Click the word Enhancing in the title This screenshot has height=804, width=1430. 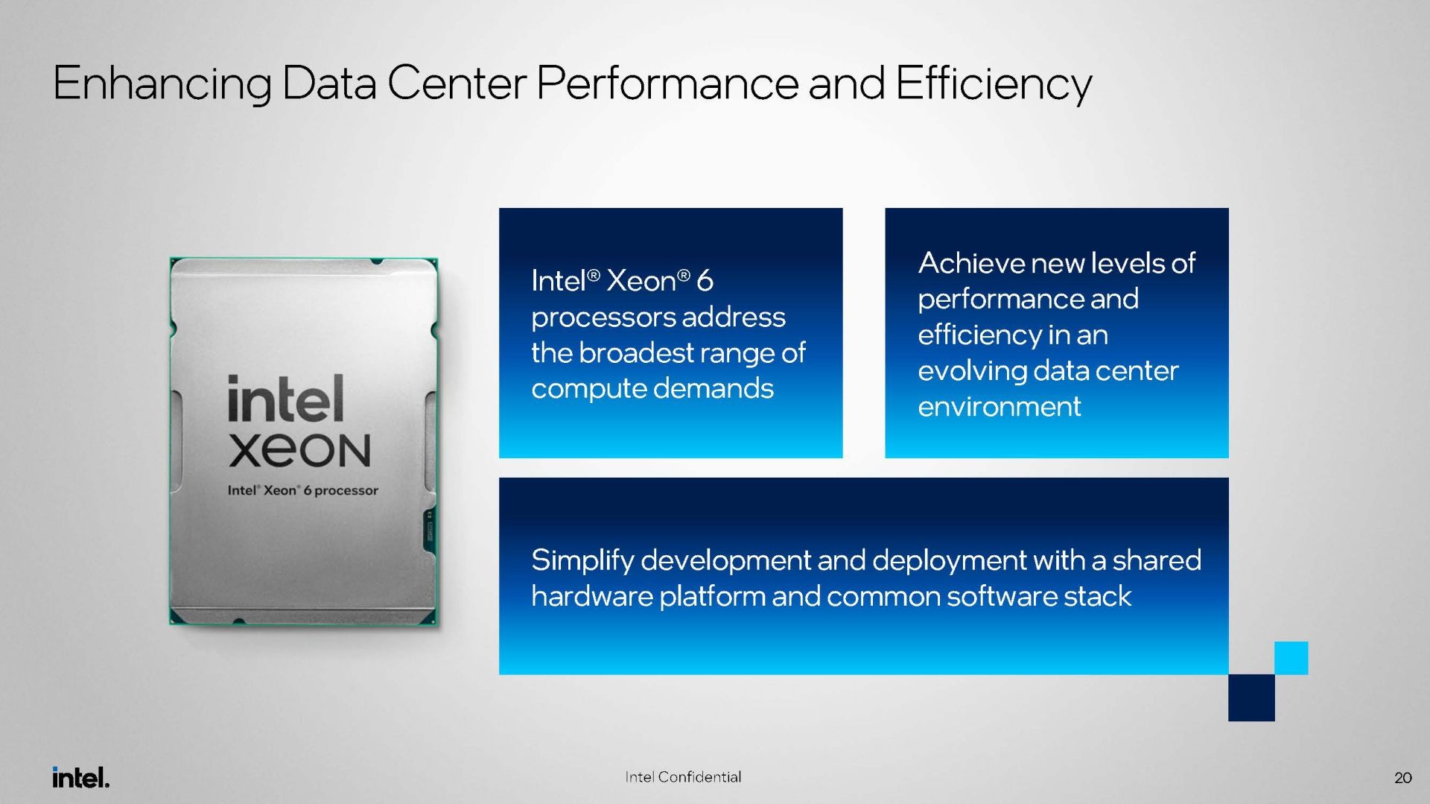point(162,83)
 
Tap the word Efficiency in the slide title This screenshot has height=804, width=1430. point(994,83)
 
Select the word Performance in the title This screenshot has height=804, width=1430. point(667,83)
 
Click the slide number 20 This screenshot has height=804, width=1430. point(1402,778)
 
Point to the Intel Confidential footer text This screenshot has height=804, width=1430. point(683,777)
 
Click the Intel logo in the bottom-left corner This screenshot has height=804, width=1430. point(81,777)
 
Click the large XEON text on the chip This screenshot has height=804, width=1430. point(299,450)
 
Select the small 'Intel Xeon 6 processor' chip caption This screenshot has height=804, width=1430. point(302,490)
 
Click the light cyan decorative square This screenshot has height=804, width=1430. point(1291,658)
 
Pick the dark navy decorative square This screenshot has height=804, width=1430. point(1251,697)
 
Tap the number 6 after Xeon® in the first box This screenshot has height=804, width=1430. point(705,281)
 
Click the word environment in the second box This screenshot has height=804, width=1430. point(999,407)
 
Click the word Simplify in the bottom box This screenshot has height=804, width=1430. point(582,561)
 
